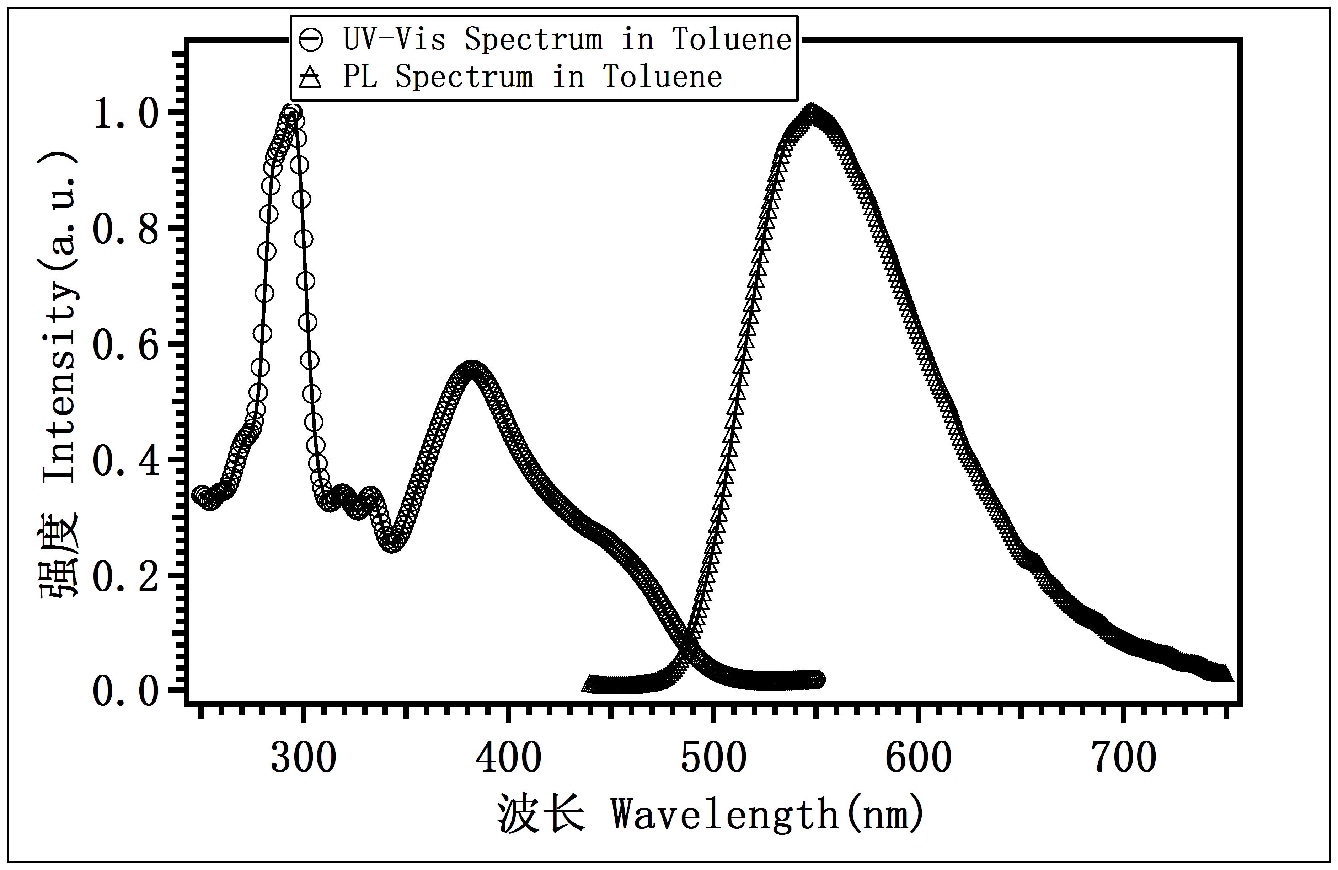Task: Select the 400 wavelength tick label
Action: click(508, 758)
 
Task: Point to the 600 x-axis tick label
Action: click(918, 758)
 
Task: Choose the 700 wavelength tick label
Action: click(1123, 758)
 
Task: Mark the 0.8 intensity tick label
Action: click(127, 229)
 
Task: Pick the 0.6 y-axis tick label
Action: click(127, 345)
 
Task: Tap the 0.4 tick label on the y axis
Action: click(127, 461)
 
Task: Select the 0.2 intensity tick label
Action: click(127, 577)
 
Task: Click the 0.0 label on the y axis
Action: click(127, 691)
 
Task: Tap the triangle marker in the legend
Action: click(310, 77)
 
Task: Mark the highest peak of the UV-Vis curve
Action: click(291, 112)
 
